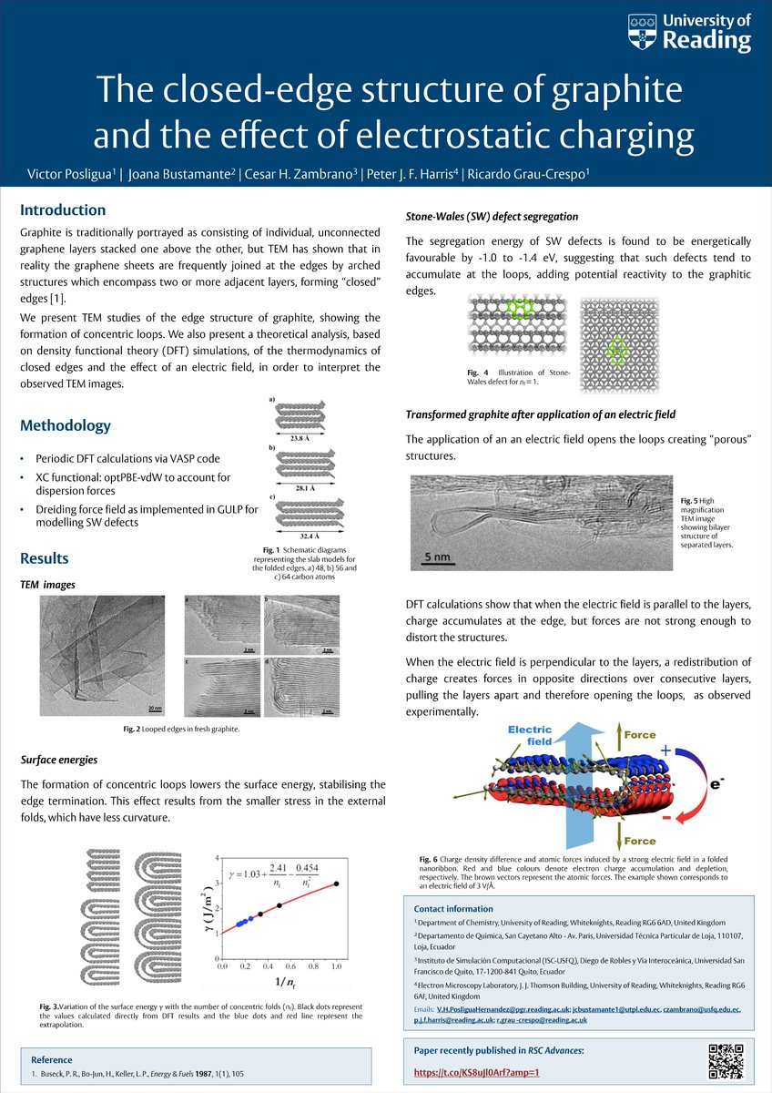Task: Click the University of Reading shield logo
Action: point(642,32)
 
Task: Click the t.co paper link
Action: point(477,1072)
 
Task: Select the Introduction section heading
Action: point(63,209)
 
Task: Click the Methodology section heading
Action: point(66,425)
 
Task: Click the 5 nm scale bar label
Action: point(440,554)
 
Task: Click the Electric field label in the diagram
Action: point(531,735)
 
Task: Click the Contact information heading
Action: point(453,908)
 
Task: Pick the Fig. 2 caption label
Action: point(133,730)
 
